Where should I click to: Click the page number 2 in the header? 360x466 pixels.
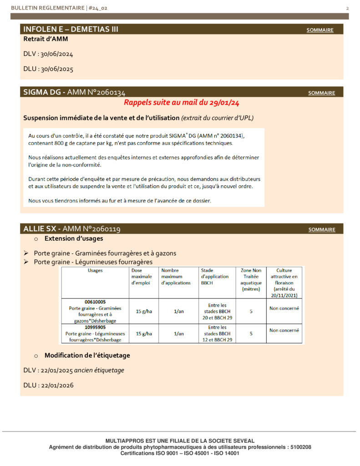[347, 9]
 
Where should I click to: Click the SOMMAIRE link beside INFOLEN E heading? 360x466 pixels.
[319, 30]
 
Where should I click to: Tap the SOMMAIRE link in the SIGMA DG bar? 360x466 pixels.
[321, 93]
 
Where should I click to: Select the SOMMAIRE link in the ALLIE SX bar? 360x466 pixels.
[321, 230]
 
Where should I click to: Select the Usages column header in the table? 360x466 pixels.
[95, 270]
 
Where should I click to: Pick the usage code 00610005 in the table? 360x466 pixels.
[95, 302]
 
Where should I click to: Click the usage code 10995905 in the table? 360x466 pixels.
[95, 327]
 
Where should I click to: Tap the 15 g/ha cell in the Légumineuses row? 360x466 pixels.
[144, 334]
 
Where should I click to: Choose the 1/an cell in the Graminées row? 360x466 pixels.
[178, 312]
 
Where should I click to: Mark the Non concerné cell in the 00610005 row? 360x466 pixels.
[284, 308]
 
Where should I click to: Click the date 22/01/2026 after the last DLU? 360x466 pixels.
[57, 385]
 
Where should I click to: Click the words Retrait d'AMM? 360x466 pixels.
[46, 39]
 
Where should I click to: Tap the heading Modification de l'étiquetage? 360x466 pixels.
[84, 355]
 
